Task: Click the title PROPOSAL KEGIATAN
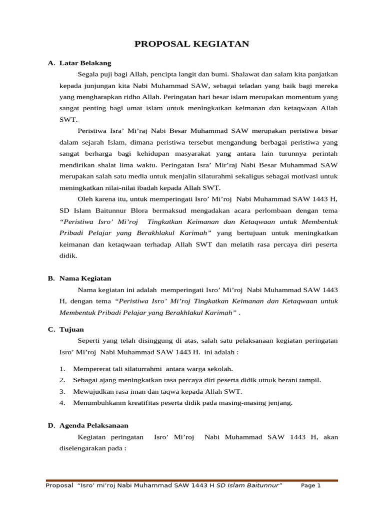click(x=192, y=45)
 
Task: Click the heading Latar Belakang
click(x=85, y=63)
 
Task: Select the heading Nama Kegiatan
click(x=85, y=278)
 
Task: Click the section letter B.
click(x=50, y=278)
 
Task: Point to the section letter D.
click(x=50, y=425)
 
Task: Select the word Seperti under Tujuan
click(x=89, y=341)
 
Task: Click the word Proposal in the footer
click(x=59, y=486)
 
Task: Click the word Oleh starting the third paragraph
click(x=85, y=198)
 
